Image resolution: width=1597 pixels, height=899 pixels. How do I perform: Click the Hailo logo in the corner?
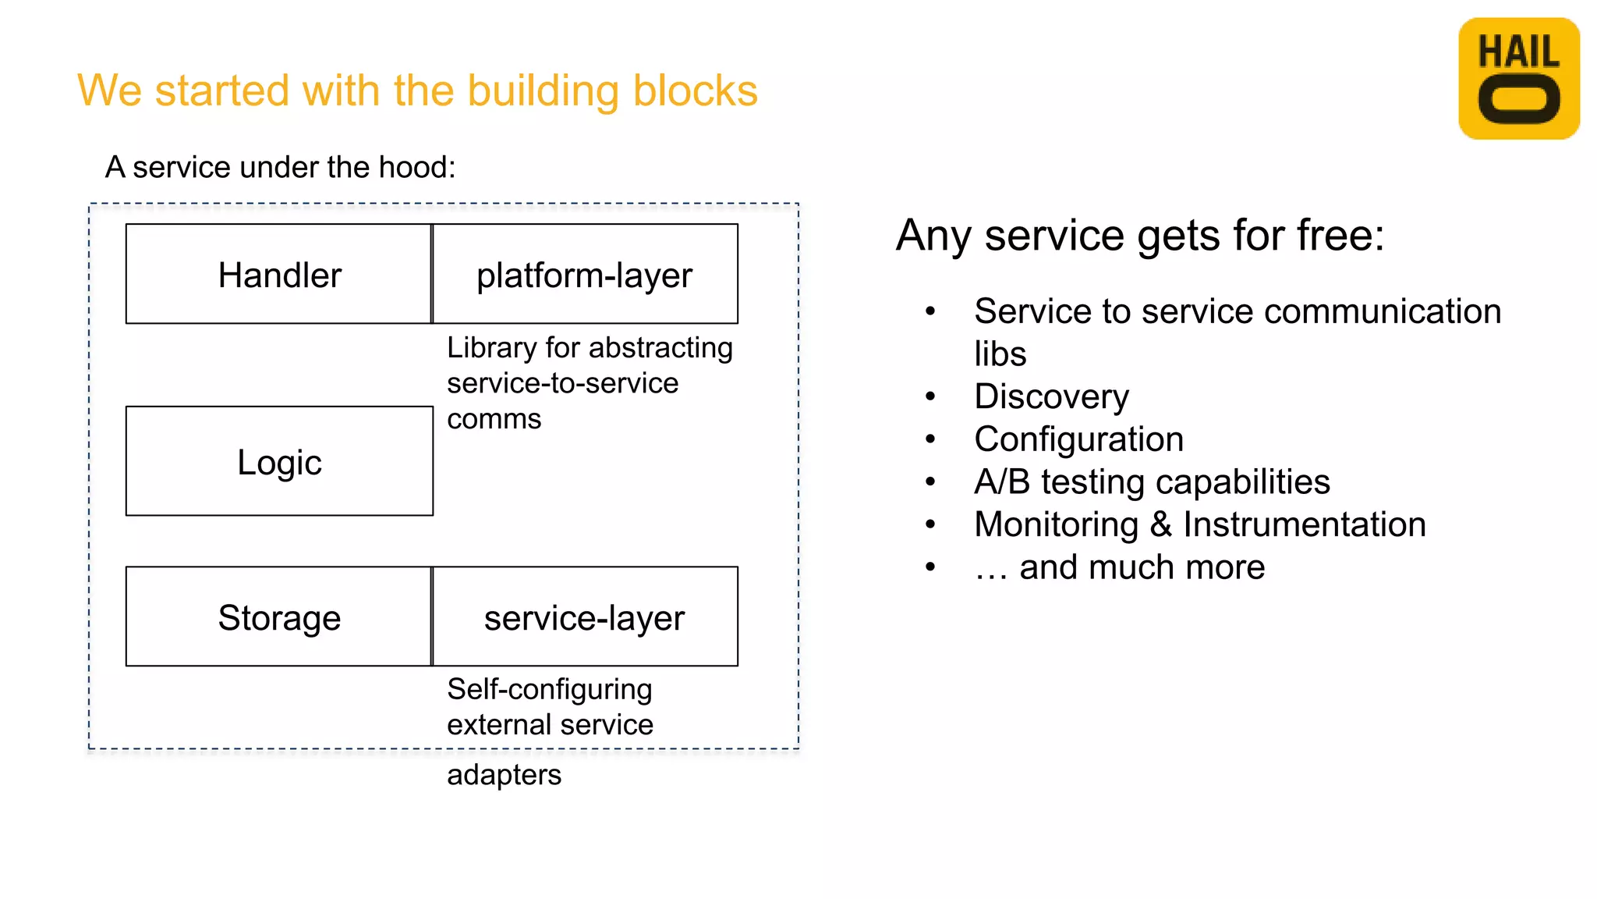tap(1518, 78)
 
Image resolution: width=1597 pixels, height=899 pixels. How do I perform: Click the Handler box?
tap(278, 274)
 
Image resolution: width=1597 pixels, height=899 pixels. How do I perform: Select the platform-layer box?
tap(584, 274)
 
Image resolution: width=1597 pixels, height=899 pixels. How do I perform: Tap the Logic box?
tap(279, 461)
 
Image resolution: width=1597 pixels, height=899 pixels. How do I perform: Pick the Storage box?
tap(278, 617)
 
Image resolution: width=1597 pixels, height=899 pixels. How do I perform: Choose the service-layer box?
tap(584, 617)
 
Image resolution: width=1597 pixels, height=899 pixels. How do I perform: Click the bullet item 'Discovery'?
tap(1051, 396)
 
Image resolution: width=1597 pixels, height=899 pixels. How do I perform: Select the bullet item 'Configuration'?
tap(1078, 439)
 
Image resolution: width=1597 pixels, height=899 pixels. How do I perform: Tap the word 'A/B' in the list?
tap(1002, 481)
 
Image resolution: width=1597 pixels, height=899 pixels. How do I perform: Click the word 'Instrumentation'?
tap(1304, 524)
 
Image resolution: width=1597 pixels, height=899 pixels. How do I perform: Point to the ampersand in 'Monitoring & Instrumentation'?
tap(1161, 524)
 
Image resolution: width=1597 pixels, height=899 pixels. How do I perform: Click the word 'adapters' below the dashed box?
tap(504, 775)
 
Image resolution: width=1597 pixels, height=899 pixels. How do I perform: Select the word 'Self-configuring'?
tap(549, 689)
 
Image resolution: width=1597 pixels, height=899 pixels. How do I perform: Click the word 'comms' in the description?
tap(494, 419)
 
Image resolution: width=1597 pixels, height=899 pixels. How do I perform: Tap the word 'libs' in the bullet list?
tap(1000, 354)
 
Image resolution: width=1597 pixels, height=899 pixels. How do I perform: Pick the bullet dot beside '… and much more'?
tap(930, 567)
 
